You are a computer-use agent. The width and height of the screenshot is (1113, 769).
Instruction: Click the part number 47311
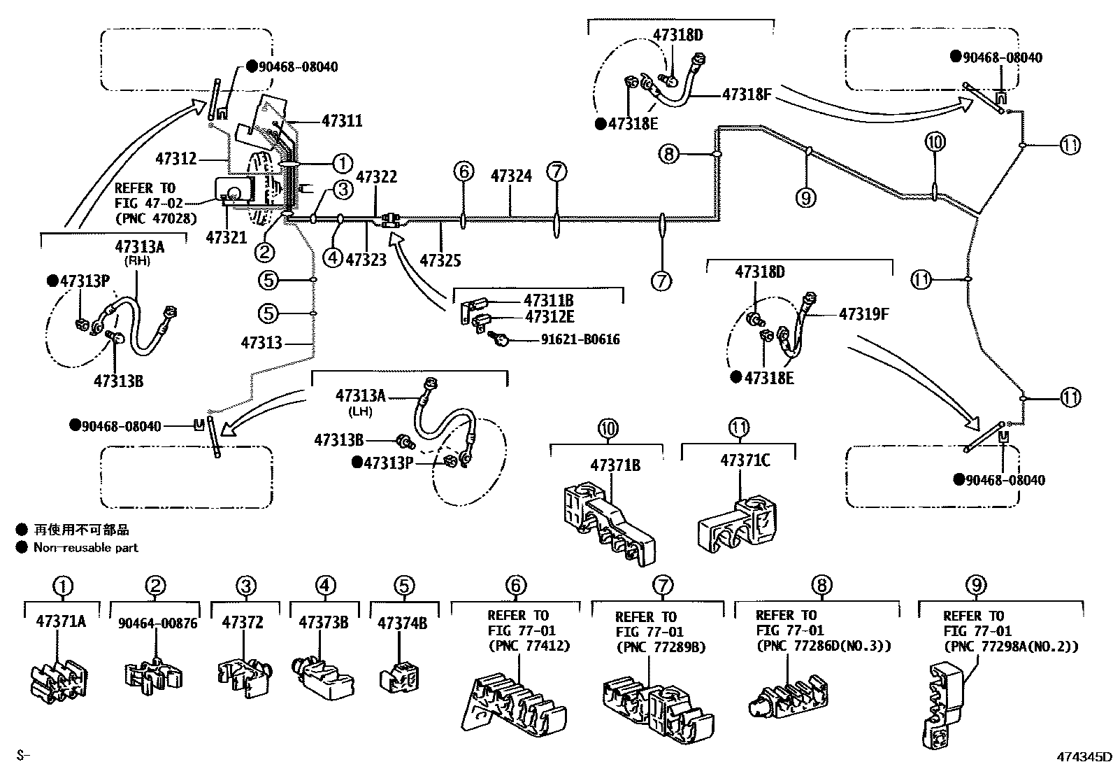342,121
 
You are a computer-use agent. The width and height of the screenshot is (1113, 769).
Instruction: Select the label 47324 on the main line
511,176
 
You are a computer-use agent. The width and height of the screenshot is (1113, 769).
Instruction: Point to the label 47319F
863,313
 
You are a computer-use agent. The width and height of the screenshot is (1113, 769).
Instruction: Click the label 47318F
746,93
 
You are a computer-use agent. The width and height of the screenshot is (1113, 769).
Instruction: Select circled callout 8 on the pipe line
669,153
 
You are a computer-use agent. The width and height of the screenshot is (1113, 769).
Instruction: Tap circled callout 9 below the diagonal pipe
805,198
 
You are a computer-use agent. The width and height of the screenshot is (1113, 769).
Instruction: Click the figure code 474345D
1084,756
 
